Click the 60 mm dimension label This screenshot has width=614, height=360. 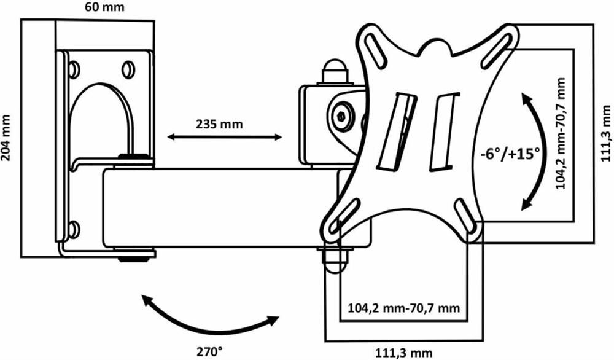pyautogui.click(x=104, y=7)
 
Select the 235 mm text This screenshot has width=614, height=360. pyautogui.click(x=219, y=124)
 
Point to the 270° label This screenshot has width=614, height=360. pyautogui.click(x=209, y=351)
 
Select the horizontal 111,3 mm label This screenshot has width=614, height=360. pyautogui.click(x=404, y=353)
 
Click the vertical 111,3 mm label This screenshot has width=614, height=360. pyautogui.click(x=606, y=133)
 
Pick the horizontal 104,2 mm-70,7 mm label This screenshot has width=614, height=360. pyautogui.click(x=404, y=308)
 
